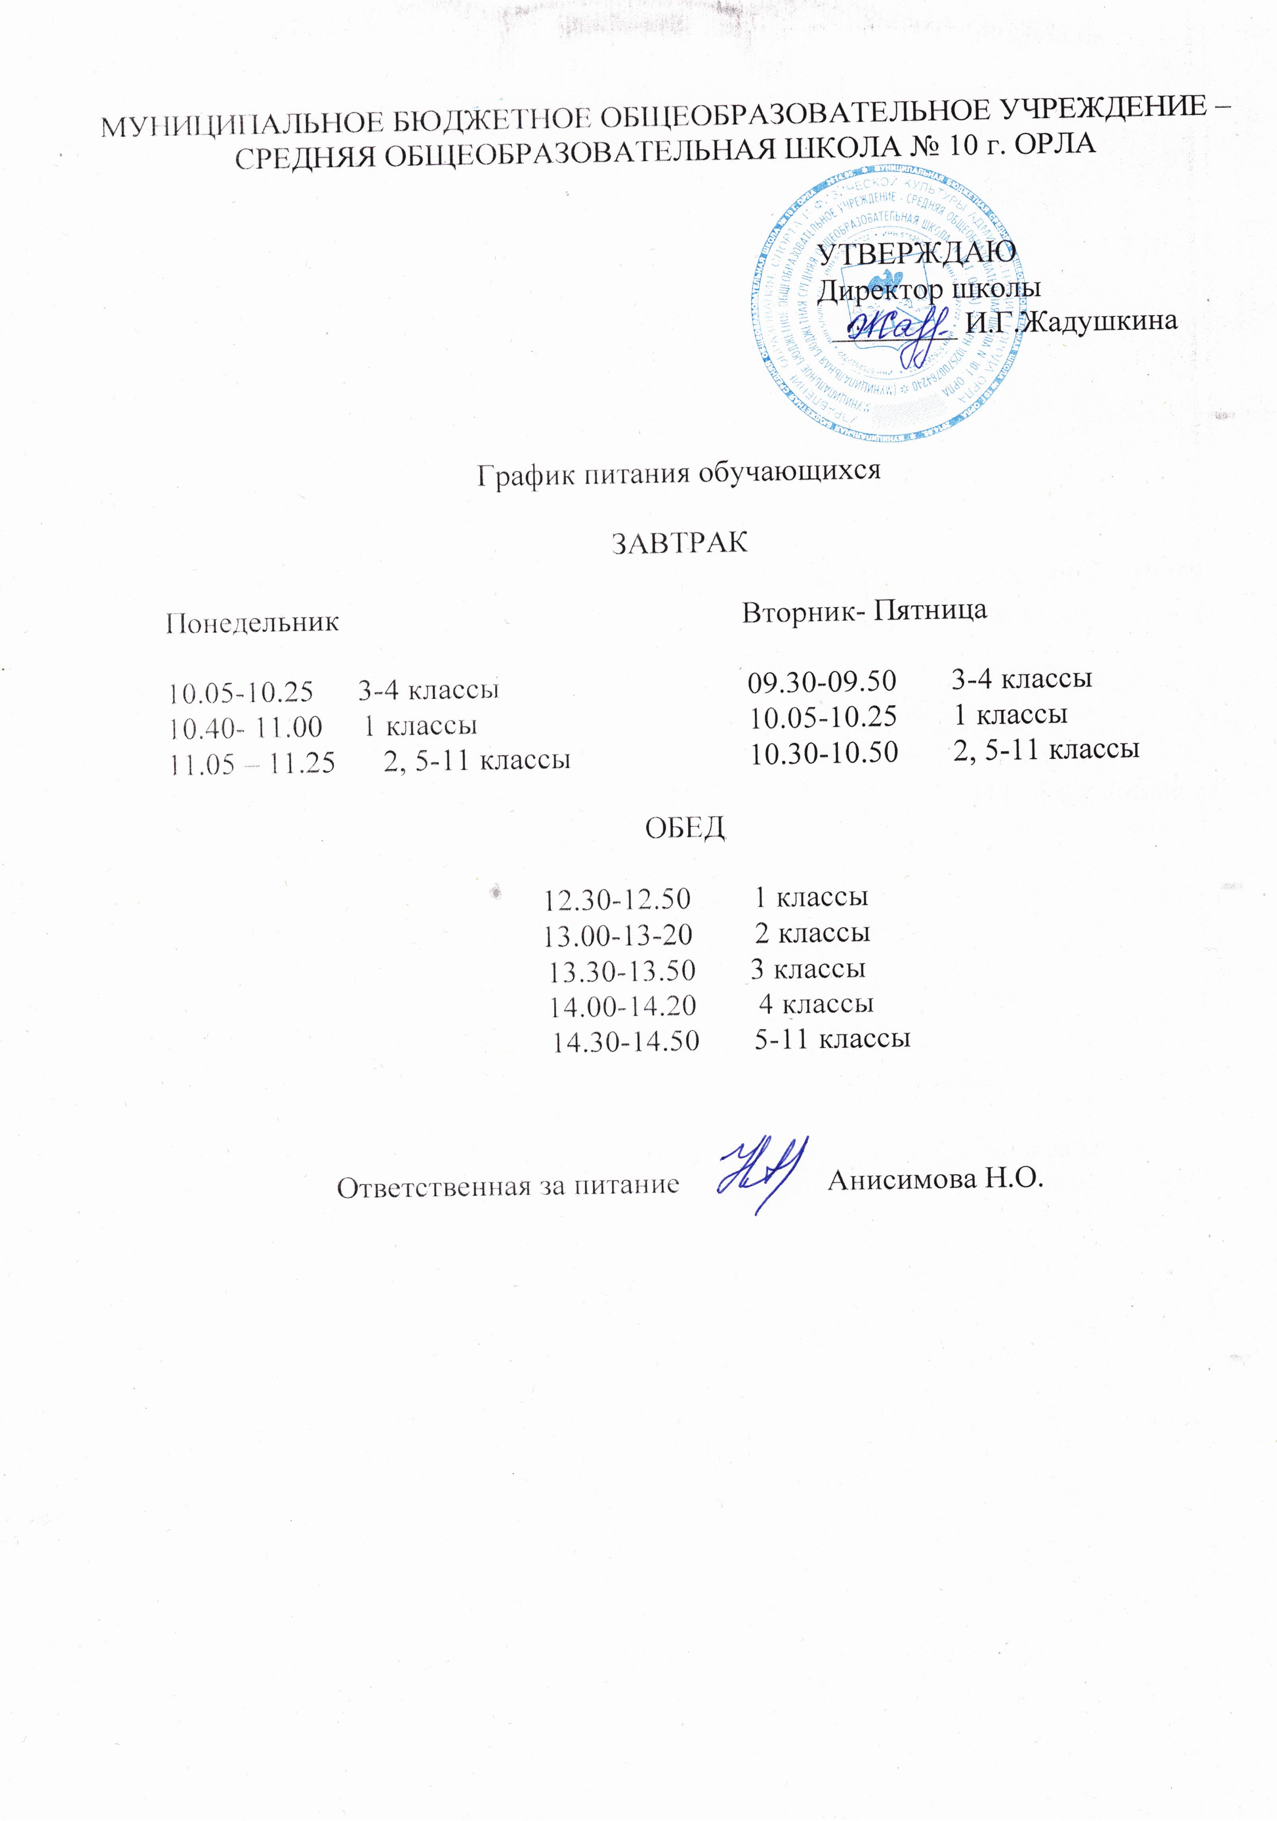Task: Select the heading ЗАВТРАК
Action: pyautogui.click(x=680, y=542)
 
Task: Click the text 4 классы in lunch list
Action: pyautogui.click(x=816, y=1004)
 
